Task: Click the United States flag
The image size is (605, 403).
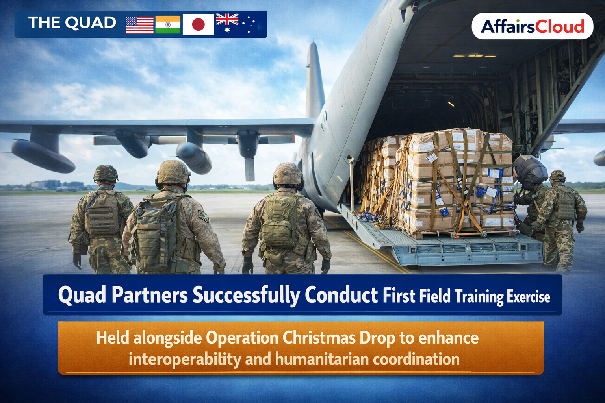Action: click(139, 25)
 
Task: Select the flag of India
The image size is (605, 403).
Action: click(168, 24)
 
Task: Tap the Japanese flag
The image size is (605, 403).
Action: click(198, 24)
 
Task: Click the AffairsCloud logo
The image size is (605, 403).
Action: click(533, 26)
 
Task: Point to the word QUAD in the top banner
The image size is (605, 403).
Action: click(91, 23)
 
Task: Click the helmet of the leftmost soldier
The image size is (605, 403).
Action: click(106, 173)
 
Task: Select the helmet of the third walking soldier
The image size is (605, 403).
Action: click(288, 174)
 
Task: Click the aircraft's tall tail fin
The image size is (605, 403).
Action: click(315, 81)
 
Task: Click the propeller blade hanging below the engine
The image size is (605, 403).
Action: click(250, 169)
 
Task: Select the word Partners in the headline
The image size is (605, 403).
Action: click(150, 295)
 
